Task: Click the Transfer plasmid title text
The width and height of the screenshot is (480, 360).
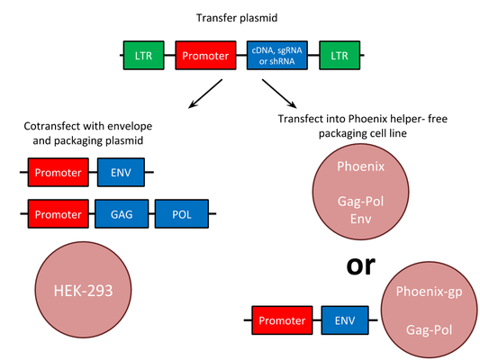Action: [x=237, y=18]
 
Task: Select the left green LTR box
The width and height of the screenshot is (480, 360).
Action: [x=143, y=56]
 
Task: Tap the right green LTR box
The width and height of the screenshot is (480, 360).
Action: [x=340, y=56]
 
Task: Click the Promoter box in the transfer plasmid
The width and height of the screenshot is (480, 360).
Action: [x=205, y=56]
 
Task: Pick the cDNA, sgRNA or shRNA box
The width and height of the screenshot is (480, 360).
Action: [x=277, y=56]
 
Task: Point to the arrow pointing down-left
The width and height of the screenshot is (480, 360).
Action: [x=205, y=94]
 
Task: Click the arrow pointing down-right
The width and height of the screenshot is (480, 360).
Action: [x=279, y=94]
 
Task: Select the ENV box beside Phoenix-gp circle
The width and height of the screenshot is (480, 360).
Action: [x=345, y=320]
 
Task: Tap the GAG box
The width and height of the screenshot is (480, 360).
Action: [x=122, y=214]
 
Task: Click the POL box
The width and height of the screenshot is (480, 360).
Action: [x=182, y=214]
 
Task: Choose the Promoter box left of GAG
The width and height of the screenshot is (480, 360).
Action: [x=59, y=214]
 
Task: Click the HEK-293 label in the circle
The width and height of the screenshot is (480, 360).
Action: [x=83, y=291]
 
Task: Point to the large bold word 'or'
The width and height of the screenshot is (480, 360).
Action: [x=360, y=265]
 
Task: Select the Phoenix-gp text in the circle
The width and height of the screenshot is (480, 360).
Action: [x=429, y=292]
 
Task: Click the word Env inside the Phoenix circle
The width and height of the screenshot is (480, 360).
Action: [x=361, y=219]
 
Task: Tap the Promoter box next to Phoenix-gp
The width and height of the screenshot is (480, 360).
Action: [x=282, y=320]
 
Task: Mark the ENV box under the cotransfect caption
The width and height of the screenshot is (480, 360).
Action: [x=121, y=172]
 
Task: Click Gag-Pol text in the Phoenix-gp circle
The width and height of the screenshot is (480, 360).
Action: [x=429, y=330]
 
